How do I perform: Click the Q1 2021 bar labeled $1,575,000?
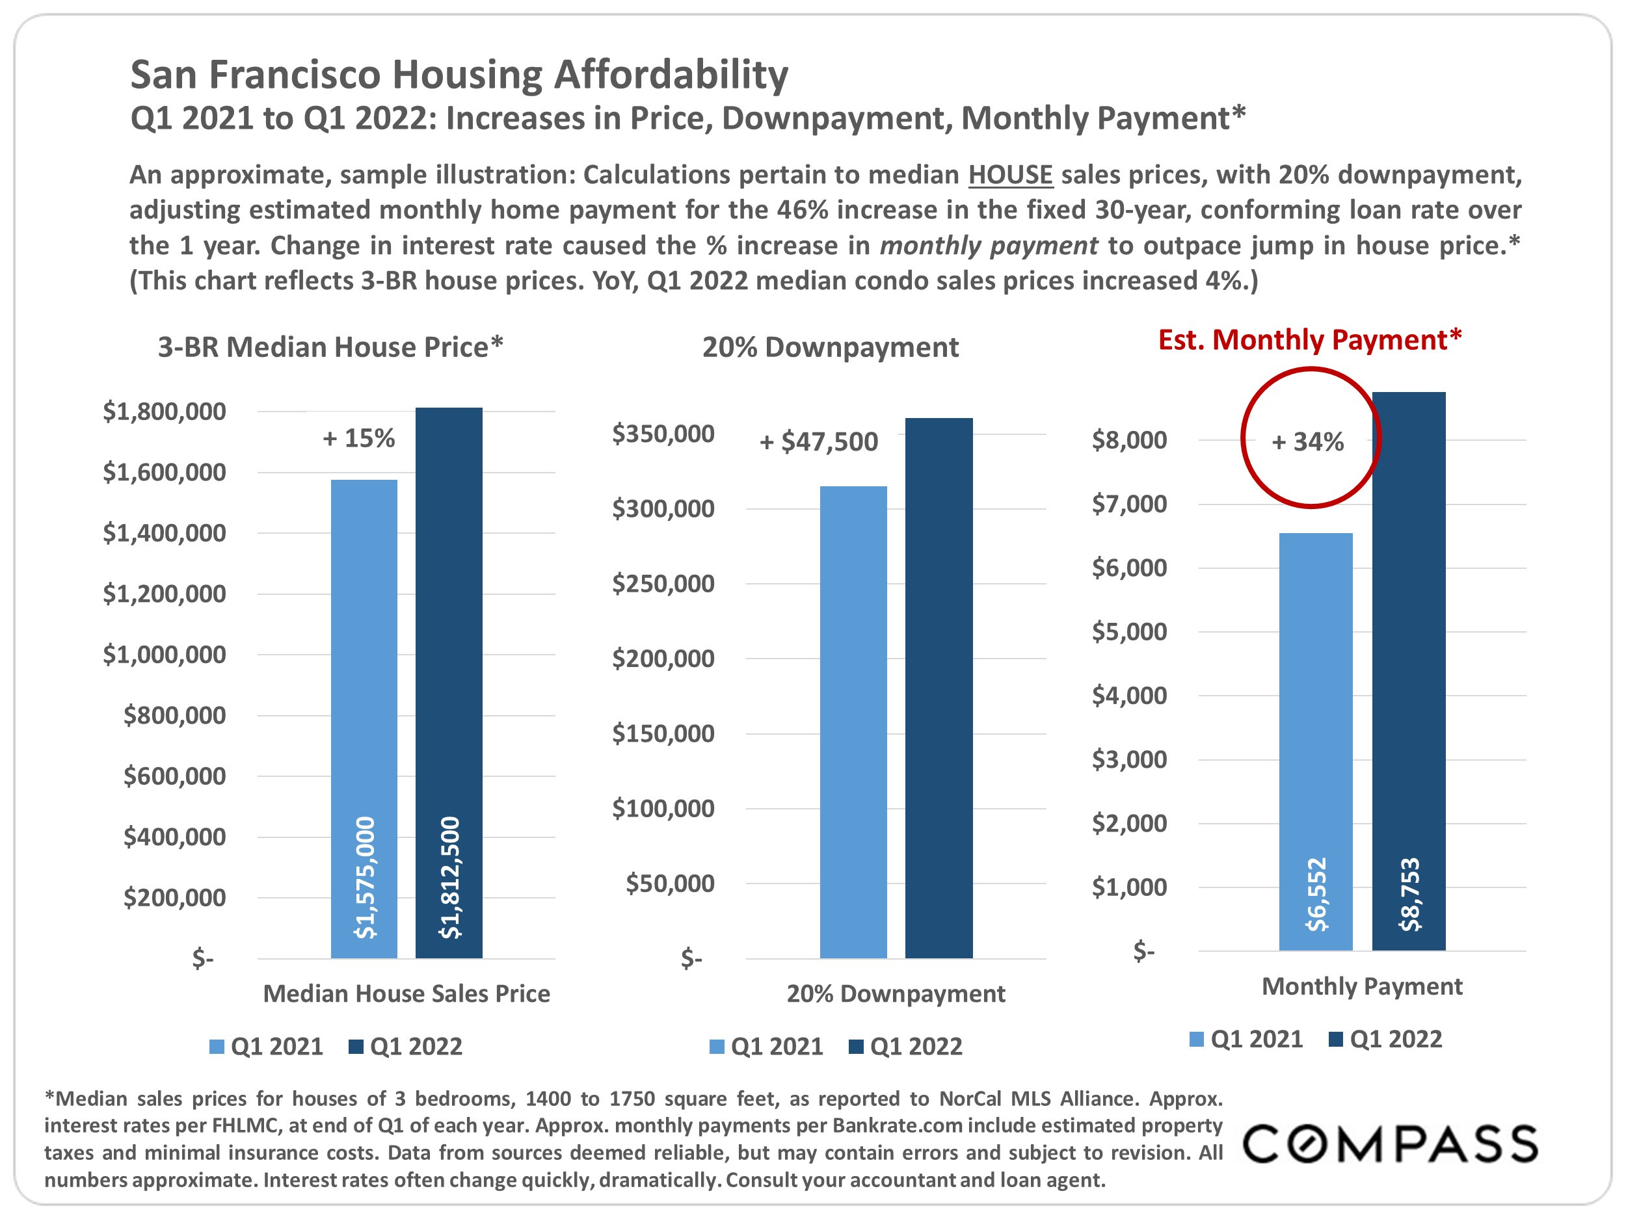364,718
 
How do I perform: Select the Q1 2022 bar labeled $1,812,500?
449,683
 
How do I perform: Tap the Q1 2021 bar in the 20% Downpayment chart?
853,722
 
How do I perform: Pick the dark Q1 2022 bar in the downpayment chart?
939,688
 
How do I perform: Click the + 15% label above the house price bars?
359,439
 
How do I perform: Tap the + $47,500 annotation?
819,441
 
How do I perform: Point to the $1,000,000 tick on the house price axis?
165,654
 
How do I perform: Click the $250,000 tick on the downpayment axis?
663,583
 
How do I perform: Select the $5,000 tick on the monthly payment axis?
1129,631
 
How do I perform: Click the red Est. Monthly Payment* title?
1310,340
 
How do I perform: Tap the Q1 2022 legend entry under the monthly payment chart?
1387,1039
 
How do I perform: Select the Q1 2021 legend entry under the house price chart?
267,1046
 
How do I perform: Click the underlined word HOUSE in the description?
1011,175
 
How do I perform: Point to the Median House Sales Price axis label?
406,993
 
